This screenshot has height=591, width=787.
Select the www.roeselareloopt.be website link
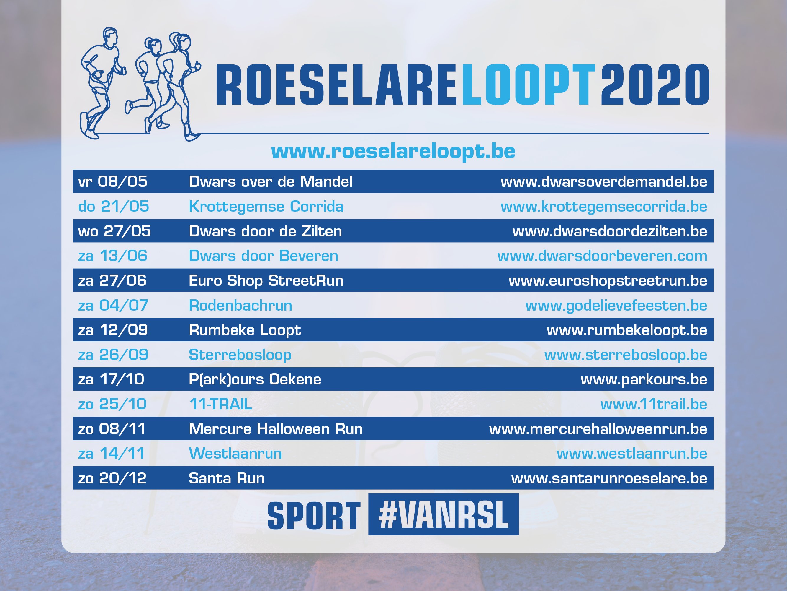click(393, 151)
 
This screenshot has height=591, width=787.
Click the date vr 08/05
click(112, 182)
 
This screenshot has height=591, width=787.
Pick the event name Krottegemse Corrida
click(266, 207)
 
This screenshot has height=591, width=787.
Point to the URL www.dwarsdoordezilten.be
click(609, 232)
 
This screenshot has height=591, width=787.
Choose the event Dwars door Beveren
click(263, 256)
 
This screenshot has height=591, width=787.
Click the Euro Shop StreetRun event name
click(266, 281)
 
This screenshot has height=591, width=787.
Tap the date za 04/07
click(113, 305)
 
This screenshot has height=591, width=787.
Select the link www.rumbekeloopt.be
click(627, 330)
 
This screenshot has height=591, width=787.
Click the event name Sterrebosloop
click(240, 355)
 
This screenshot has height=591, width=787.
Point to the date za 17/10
click(111, 379)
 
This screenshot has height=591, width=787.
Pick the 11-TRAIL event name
click(221, 404)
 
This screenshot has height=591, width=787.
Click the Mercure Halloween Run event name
click(276, 429)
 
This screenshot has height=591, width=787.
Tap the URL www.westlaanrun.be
click(632, 454)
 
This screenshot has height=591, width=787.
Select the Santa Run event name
click(227, 478)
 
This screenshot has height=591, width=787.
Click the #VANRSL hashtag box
click(443, 514)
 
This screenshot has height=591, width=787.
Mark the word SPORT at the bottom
click(314, 515)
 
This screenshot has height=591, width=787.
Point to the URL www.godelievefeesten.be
click(616, 306)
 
